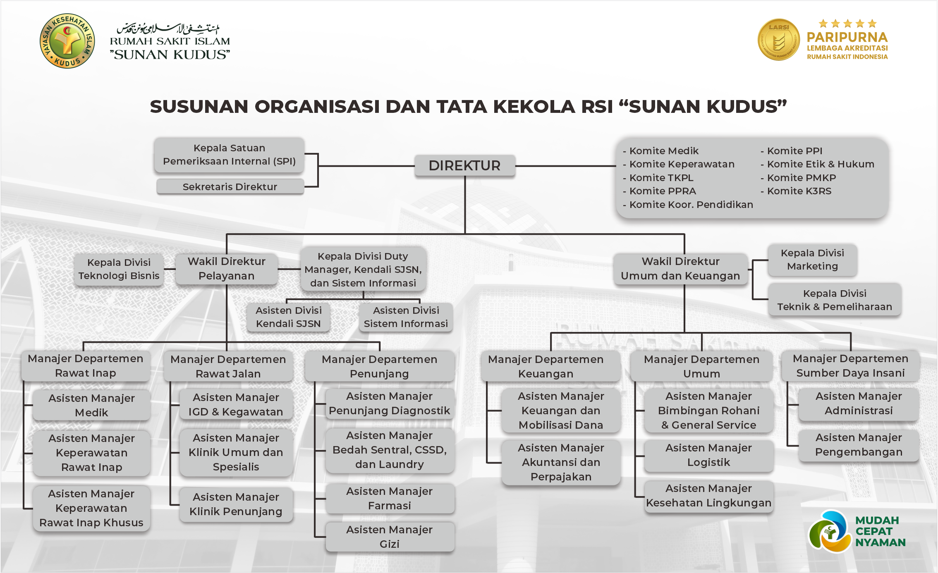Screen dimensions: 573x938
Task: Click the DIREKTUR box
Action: pos(464,166)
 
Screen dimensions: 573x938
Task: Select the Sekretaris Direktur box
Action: pos(230,187)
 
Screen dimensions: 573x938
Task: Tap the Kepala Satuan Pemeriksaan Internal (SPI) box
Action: pos(229,155)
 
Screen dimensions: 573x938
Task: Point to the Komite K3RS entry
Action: pos(799,191)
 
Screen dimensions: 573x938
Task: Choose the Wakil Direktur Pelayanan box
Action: pos(226,269)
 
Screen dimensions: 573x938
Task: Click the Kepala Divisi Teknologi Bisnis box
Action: pos(119,269)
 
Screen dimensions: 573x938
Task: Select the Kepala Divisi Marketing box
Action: pos(812,260)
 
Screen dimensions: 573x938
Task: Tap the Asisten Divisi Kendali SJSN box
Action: pos(288,317)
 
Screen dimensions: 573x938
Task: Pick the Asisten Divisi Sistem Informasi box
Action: pos(406,317)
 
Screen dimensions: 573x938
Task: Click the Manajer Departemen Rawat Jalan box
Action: pos(228,366)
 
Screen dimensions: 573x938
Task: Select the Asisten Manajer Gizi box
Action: pos(389,537)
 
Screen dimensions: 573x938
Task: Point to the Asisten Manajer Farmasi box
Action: pos(389,498)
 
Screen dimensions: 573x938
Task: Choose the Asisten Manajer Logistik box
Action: pos(708,455)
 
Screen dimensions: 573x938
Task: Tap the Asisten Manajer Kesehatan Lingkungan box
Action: pos(708,496)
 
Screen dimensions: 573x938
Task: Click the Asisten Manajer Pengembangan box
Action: pos(859,445)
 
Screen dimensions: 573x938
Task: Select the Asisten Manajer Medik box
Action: pos(91,405)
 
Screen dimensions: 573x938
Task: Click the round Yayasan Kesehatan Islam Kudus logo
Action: pos(67,41)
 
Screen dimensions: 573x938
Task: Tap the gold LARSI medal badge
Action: pos(778,40)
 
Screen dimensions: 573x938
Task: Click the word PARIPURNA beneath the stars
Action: pos(847,37)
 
